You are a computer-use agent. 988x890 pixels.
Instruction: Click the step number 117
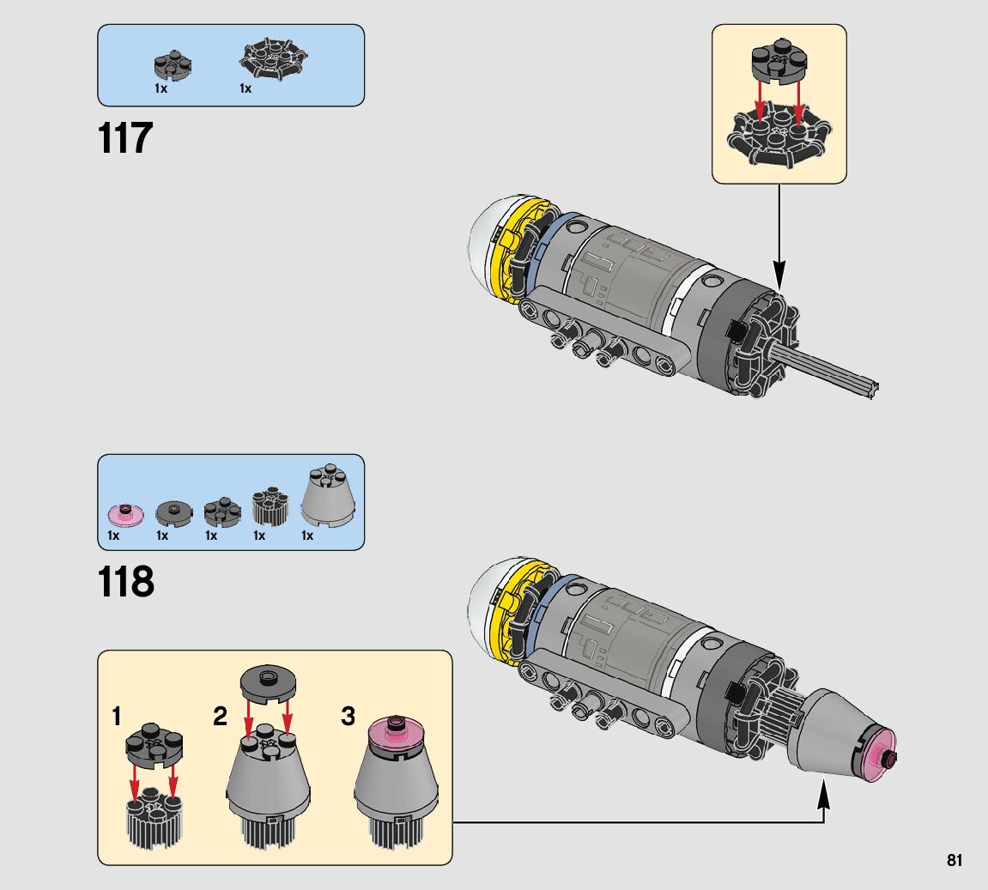(x=125, y=138)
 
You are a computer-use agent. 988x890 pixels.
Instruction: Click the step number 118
(x=126, y=582)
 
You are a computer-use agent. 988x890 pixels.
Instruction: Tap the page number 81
(x=955, y=860)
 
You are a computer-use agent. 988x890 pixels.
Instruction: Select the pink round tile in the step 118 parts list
(x=124, y=514)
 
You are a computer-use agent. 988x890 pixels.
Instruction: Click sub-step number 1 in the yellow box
(x=116, y=717)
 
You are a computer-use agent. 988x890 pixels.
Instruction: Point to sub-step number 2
(x=220, y=717)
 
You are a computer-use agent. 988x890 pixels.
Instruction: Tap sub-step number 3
(x=348, y=717)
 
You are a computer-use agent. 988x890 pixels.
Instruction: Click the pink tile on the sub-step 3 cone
(x=397, y=735)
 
